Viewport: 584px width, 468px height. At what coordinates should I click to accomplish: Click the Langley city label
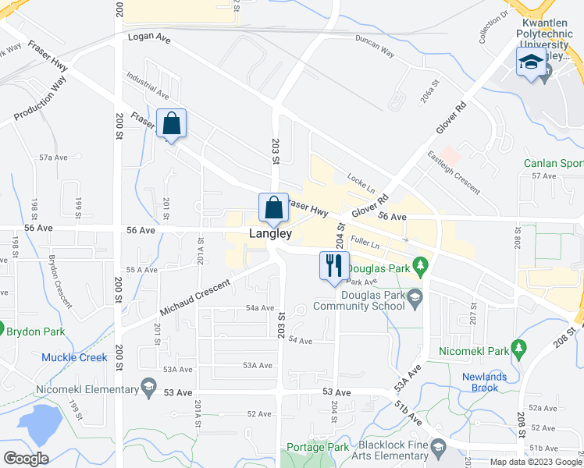point(271,233)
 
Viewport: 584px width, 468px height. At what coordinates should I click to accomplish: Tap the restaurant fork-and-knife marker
point(334,265)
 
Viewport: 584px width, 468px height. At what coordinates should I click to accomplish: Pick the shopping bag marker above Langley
point(273,208)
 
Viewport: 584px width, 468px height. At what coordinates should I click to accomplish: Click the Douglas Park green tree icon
point(422,268)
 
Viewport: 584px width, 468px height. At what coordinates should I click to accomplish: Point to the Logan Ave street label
point(148,36)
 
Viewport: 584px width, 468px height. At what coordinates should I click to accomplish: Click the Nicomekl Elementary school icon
point(148,388)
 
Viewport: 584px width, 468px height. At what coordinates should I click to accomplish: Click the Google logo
point(27,459)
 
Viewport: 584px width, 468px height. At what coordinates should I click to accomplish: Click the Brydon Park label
point(34,331)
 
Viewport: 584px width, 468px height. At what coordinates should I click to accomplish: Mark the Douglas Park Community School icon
point(414,296)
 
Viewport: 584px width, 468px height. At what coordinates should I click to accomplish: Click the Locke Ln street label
point(361,185)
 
